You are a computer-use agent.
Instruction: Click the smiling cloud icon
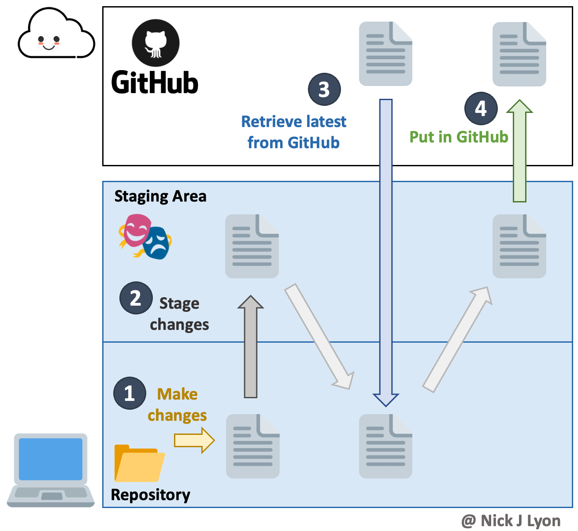[x=56, y=34]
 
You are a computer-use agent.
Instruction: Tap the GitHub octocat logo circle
[x=156, y=43]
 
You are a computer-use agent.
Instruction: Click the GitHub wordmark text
[x=155, y=82]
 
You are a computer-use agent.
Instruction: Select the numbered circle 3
[x=324, y=90]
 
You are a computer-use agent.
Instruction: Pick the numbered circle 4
[x=481, y=108]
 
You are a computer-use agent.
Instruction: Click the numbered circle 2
[x=136, y=298]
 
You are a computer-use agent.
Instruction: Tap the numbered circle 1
[x=130, y=393]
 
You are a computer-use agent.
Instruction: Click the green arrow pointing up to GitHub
[x=519, y=150]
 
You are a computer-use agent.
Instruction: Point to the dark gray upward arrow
[x=251, y=346]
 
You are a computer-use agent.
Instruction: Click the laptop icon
[x=51, y=470]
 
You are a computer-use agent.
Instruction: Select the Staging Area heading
[x=160, y=196]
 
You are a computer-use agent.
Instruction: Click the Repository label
[x=150, y=495]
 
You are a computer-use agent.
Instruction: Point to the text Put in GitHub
[x=459, y=137]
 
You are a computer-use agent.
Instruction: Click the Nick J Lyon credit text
[x=511, y=521]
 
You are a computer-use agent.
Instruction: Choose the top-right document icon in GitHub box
[x=519, y=54]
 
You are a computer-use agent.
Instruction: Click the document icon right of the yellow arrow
[x=252, y=446]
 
